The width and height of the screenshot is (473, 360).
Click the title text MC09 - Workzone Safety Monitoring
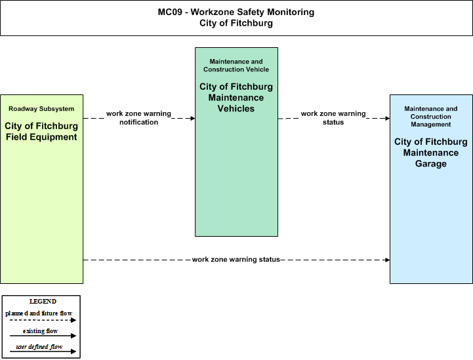point(236,12)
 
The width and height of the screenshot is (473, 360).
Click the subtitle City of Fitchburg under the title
point(236,23)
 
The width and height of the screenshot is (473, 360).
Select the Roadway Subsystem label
point(41,109)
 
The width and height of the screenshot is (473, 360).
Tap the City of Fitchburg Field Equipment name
point(41,131)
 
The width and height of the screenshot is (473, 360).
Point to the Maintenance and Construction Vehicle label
point(236,66)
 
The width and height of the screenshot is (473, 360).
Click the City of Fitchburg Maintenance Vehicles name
point(236,98)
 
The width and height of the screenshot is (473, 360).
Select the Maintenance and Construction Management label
point(431,116)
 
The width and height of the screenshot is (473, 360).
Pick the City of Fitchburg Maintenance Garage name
point(431,153)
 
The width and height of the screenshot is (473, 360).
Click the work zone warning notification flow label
point(139,118)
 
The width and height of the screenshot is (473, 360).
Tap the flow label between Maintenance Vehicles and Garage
point(333,118)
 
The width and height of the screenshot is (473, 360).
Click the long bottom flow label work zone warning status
point(236,260)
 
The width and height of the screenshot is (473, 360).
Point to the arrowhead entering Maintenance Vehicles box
point(193,118)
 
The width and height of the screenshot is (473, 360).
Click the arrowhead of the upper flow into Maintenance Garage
point(388,118)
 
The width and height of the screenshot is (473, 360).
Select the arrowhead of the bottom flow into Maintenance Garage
point(388,260)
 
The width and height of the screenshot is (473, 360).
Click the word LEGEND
point(43,302)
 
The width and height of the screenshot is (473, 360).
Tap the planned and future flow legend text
point(39,313)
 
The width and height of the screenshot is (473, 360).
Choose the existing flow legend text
point(40,331)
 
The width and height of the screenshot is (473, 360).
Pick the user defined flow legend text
point(39,347)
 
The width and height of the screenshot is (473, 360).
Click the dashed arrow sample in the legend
point(43,320)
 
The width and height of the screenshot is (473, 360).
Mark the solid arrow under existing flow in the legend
point(43,336)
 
